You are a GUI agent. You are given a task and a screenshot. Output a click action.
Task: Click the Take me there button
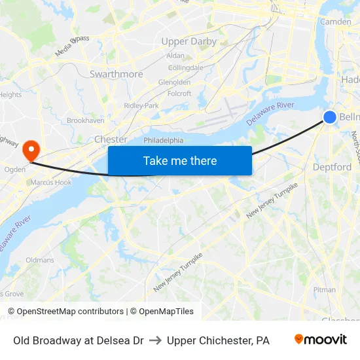(180, 161)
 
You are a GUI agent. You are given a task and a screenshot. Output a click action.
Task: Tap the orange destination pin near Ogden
(31, 150)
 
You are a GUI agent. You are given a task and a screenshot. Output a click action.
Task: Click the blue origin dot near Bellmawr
(330, 117)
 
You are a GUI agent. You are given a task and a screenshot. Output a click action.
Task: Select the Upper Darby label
(189, 41)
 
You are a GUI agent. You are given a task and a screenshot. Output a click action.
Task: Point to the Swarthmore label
(116, 74)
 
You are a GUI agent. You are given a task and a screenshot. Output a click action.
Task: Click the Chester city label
(111, 139)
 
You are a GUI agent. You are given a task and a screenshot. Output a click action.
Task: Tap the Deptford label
(332, 167)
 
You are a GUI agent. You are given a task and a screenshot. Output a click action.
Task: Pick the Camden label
(335, 22)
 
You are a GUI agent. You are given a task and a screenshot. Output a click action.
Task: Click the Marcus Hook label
(50, 182)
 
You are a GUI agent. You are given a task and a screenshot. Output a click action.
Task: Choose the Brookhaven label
(85, 120)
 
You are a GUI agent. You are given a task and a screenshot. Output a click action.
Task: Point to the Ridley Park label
(141, 105)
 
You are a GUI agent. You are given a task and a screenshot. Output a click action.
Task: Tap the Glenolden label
(174, 82)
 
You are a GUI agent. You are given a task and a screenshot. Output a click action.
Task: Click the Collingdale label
(185, 67)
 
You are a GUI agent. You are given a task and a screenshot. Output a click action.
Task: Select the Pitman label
(325, 289)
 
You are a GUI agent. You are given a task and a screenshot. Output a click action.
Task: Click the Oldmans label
(40, 260)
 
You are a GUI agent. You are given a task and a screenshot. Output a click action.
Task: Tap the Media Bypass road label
(72, 46)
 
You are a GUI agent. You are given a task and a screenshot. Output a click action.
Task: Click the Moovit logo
(320, 340)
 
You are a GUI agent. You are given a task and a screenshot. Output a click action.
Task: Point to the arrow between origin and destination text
(155, 340)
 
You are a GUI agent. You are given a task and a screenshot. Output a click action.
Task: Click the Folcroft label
(179, 94)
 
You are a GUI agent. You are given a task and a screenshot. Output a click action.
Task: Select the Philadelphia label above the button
(164, 140)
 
